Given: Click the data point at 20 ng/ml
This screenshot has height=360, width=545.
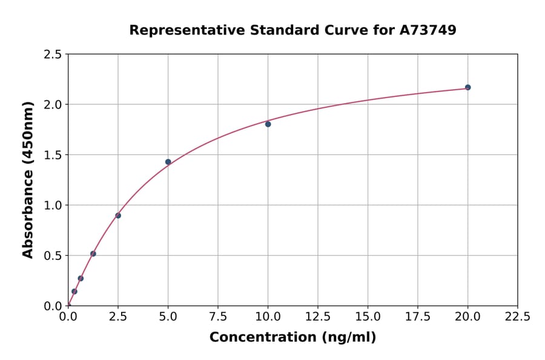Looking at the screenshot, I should [x=467, y=87].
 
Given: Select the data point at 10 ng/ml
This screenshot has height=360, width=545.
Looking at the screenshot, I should [x=268, y=124].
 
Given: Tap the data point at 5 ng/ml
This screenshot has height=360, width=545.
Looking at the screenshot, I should [x=168, y=162].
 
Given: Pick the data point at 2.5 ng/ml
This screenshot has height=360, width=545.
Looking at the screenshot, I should [x=118, y=216].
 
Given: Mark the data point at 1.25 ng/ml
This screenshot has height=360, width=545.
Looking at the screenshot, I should [x=93, y=254].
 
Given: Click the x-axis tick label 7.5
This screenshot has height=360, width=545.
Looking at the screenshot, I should [x=218, y=316].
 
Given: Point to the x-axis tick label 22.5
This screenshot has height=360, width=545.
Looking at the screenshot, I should [x=517, y=316].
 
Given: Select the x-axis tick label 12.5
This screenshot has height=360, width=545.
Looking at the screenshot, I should [x=318, y=316].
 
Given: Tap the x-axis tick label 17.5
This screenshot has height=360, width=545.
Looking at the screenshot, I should [x=418, y=316].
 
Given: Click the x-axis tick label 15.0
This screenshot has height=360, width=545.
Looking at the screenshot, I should [x=368, y=316].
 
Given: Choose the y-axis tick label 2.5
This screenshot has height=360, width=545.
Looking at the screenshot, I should [x=53, y=55].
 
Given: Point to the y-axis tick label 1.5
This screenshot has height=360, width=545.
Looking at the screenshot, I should [x=53, y=155].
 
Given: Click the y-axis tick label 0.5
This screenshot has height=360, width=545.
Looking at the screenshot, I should [x=53, y=256].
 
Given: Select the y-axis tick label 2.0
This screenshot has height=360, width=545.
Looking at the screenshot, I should [x=53, y=105].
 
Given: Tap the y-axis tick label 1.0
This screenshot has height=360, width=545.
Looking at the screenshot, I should [x=53, y=205].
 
